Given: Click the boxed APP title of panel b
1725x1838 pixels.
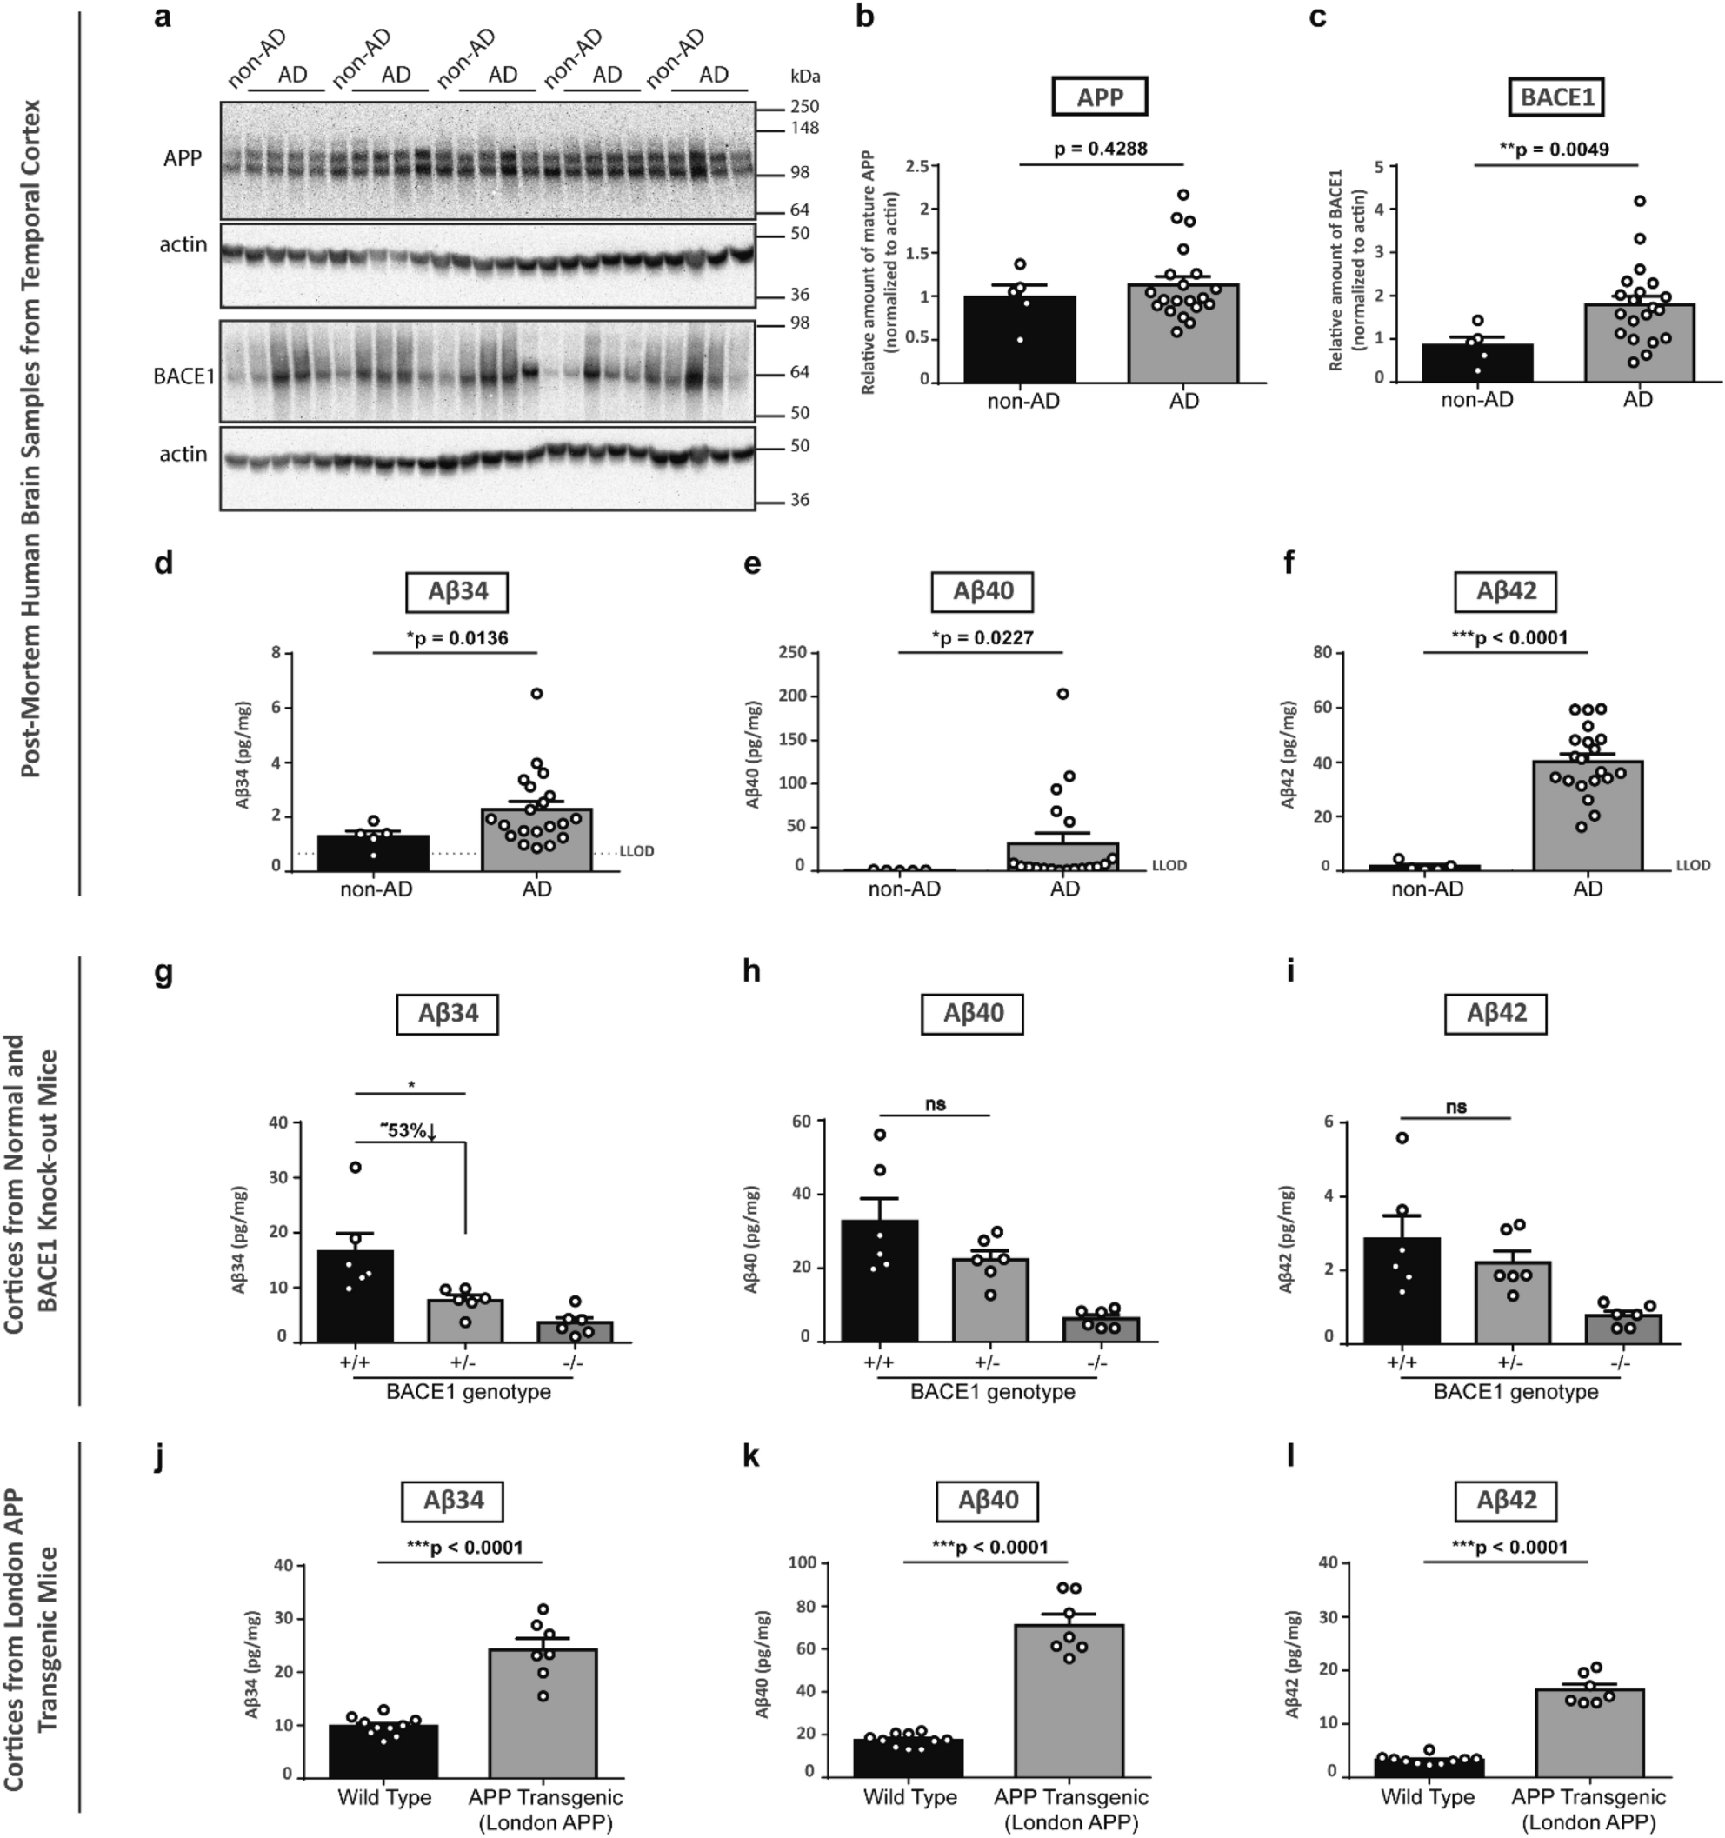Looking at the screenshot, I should click(1099, 97).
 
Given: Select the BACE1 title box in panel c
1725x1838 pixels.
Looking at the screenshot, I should click(1556, 97).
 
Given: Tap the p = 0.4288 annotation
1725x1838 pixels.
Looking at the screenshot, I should click(1100, 148).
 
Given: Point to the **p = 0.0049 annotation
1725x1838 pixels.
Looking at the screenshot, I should click(1554, 149).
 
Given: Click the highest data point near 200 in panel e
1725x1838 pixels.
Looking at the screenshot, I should click(1063, 694).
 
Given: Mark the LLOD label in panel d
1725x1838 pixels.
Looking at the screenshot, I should click(636, 850).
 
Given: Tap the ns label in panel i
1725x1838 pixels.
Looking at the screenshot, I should click(1456, 1107).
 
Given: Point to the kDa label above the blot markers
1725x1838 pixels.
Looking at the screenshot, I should click(805, 77).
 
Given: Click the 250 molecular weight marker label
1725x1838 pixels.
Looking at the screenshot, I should click(805, 106).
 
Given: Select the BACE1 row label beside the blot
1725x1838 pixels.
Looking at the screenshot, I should click(185, 376).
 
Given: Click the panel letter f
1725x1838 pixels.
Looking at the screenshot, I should click(1290, 563).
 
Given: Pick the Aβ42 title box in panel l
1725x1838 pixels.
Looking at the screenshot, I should click(1506, 1500).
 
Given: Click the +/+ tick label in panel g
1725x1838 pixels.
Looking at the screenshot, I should click(355, 1363).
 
